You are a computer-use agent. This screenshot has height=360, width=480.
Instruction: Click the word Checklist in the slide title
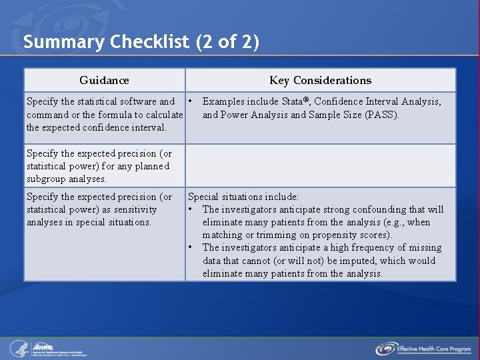[150, 43]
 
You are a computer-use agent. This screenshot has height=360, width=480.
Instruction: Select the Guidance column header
[104, 81]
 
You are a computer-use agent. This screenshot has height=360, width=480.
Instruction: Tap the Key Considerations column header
[320, 81]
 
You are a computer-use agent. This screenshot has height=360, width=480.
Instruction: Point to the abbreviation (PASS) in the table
[381, 115]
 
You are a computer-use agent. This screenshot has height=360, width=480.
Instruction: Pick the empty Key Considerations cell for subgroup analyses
[320, 165]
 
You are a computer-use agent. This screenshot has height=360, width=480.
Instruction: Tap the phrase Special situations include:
[243, 197]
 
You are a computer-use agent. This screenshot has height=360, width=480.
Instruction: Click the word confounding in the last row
[376, 209]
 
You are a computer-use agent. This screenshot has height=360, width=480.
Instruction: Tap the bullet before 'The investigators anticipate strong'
[191, 209]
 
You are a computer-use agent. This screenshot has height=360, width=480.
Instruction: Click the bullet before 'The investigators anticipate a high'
[191, 247]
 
